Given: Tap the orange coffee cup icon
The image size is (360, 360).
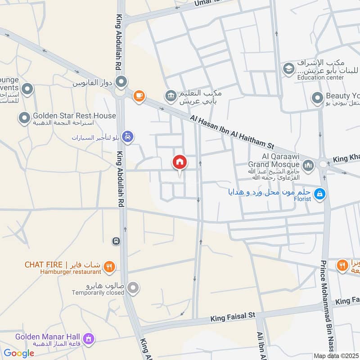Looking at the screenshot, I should click(139, 95).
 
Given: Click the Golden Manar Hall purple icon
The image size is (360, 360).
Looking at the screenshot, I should click(89, 337).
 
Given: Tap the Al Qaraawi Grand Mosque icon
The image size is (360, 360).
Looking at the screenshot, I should click(308, 166).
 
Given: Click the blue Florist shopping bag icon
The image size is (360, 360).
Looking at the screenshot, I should click(320, 194).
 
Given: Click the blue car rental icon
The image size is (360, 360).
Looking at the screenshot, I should click(128, 136).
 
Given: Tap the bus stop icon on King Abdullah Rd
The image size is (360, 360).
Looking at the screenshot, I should click(117, 241).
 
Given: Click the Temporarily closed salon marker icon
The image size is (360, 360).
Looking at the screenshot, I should click(133, 287).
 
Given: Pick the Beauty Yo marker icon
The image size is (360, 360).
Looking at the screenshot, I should click(317, 97).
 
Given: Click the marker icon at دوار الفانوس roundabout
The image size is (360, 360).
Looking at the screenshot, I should click(121, 82).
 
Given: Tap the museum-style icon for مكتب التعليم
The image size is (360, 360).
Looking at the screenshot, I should click(171, 95).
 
